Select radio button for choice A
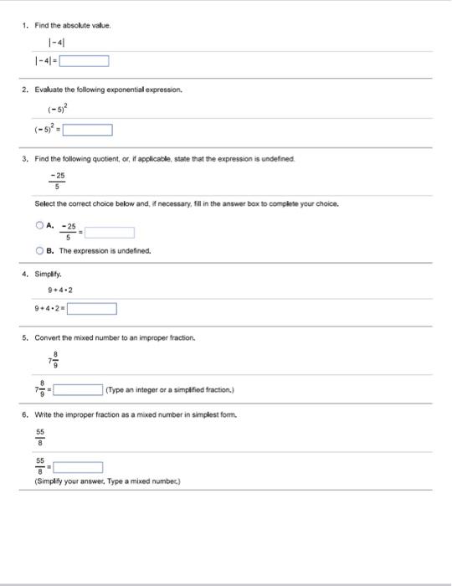pyautogui.click(x=39, y=202)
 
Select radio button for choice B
pyautogui.click(x=39, y=249)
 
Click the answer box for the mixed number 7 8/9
pyautogui.click(x=77, y=388)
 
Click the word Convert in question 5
pyautogui.click(x=49, y=338)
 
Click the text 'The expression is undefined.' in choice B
pyautogui.click(x=104, y=249)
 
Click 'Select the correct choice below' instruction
pyautogui.click(x=84, y=181)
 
